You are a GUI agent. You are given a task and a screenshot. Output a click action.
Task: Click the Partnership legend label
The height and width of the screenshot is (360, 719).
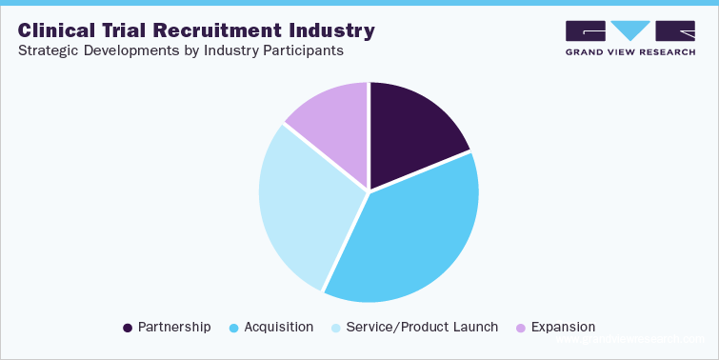point(174,327)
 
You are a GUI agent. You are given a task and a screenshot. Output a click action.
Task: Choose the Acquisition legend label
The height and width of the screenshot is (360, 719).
point(278,327)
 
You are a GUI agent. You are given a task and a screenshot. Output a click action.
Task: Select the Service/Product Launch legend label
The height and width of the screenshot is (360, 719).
point(423,327)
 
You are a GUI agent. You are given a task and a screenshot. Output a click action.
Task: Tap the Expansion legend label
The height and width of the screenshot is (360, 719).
point(563,327)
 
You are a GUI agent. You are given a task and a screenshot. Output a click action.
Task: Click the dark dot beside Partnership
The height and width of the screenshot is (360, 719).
point(128,328)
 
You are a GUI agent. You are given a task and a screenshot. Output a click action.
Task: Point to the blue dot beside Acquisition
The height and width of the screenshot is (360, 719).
point(233,328)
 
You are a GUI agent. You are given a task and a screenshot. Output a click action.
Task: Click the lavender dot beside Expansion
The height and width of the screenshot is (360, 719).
point(520,328)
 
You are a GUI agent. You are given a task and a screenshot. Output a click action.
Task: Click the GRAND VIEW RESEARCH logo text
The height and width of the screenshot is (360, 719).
point(629,52)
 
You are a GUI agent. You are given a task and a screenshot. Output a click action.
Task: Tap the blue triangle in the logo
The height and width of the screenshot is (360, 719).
point(629,30)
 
